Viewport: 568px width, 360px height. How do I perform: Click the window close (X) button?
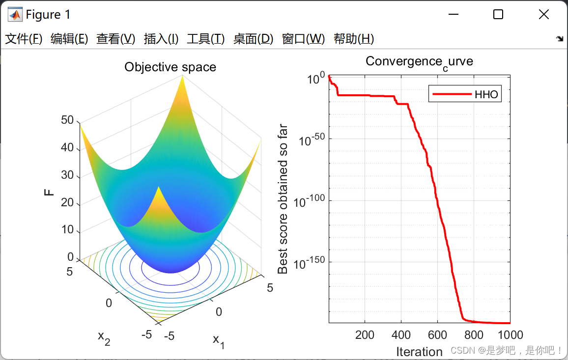(544, 14)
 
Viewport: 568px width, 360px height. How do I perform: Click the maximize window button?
(498, 14)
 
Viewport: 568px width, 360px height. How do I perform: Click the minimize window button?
(454, 14)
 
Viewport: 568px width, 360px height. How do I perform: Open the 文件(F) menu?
(24, 39)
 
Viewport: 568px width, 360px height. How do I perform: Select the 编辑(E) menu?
(69, 39)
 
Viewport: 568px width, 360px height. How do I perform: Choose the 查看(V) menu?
(115, 39)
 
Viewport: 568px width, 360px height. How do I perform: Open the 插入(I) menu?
(161, 39)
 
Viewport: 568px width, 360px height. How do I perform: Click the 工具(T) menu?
(205, 39)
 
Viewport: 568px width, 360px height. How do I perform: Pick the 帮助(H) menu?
(354, 39)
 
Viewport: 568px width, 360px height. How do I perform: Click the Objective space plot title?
(170, 67)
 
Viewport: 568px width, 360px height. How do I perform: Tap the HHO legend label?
(486, 94)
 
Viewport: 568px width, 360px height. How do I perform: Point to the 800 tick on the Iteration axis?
(474, 334)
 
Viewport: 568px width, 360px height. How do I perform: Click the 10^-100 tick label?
(309, 201)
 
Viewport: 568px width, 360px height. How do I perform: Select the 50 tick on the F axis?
(67, 120)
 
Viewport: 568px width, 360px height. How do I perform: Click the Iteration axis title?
(419, 352)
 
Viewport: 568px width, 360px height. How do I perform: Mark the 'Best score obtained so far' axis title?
(282, 199)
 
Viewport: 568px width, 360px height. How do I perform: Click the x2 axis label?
(104, 338)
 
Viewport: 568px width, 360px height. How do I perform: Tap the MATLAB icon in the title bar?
(15, 14)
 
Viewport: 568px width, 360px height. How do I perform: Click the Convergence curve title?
(419, 62)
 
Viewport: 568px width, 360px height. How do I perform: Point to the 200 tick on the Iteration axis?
(365, 334)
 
